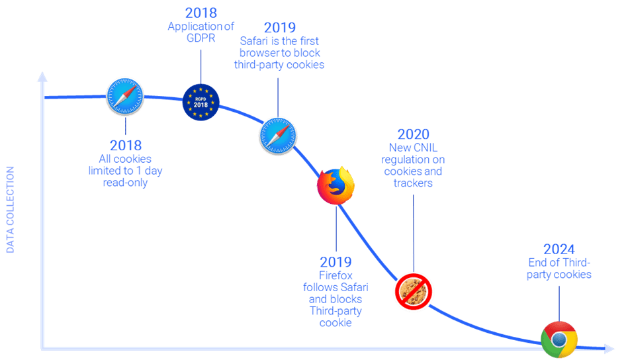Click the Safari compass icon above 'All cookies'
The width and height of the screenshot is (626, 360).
(x=124, y=96)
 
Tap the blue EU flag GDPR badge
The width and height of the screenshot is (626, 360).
(x=201, y=103)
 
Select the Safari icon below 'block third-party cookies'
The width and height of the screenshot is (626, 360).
(x=278, y=136)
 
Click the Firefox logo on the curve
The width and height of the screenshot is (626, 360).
(x=335, y=185)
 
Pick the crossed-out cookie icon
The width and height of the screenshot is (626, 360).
(x=414, y=291)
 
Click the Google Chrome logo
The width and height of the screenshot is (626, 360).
(x=559, y=339)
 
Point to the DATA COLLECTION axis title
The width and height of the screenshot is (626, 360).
(x=11, y=210)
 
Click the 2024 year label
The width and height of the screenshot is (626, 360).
(x=559, y=249)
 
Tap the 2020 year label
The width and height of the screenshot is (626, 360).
(x=414, y=135)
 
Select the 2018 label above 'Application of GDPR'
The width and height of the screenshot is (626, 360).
(x=201, y=13)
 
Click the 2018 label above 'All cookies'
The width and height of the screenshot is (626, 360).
(x=126, y=146)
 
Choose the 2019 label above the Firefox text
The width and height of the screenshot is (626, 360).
(x=335, y=262)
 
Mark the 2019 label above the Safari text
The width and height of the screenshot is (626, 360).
(x=280, y=28)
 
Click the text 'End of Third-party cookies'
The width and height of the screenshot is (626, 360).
(x=559, y=268)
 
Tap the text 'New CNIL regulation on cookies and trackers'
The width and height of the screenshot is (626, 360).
(x=414, y=166)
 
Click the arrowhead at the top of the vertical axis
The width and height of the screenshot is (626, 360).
(x=42, y=77)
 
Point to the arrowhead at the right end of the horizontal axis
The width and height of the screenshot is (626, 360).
(x=609, y=349)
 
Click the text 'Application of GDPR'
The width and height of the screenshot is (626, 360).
(x=201, y=32)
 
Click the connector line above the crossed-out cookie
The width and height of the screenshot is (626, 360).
(x=414, y=232)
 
